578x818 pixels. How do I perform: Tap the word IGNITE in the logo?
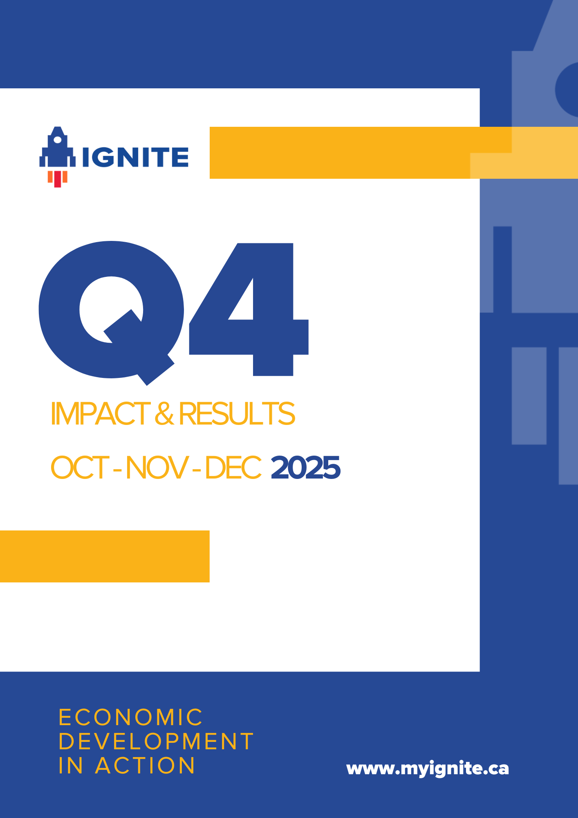pos(135,157)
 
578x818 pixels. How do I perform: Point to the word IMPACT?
pos(100,414)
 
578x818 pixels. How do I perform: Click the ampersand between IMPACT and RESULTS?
pos(164,414)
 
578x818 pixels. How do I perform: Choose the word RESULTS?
pos(237,414)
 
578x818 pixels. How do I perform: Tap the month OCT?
pos(79,468)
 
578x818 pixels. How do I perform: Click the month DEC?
pos(233,468)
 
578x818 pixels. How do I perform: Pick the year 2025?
pos(305,468)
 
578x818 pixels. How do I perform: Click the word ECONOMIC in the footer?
pos(130,717)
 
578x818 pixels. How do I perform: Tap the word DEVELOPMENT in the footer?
pos(156,742)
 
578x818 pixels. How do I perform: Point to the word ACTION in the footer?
pos(145,766)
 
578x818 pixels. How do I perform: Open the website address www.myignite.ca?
pos(428,769)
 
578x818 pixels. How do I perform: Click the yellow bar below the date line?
pos(105,556)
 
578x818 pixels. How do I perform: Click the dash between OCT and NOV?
pos(117,469)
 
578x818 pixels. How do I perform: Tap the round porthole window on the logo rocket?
pos(58,139)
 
